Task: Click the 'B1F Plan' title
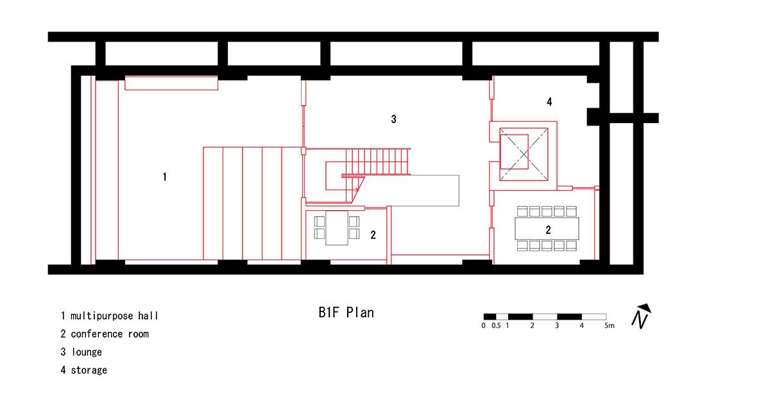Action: [346, 313]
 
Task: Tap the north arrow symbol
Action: [641, 316]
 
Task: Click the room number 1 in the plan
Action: [165, 177]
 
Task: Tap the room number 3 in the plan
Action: [393, 119]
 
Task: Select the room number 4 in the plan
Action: [549, 102]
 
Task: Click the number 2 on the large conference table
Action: [548, 229]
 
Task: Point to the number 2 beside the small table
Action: [373, 234]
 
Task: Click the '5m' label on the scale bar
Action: [609, 325]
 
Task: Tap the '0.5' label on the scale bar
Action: [496, 325]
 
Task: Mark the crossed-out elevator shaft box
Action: [524, 154]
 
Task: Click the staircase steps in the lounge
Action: [377, 161]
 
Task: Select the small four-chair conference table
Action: [336, 227]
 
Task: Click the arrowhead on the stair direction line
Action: [357, 190]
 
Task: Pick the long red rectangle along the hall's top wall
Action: [171, 83]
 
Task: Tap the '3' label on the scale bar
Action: [557, 325]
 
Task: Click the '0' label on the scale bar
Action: [483, 325]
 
